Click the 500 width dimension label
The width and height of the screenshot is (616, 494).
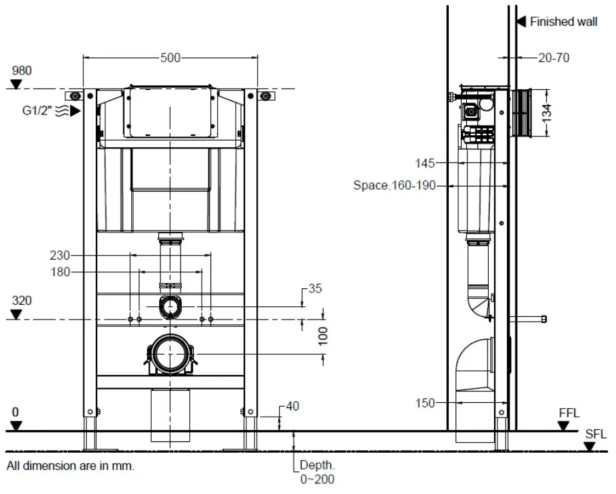point(170,58)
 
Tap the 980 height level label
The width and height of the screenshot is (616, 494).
point(21,71)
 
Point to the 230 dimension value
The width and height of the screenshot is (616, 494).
point(60,254)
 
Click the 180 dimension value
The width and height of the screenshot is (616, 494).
point(60,272)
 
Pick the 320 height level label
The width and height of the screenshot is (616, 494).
point(21,301)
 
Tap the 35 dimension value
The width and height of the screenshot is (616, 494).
point(315,289)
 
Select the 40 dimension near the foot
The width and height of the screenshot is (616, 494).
point(293,405)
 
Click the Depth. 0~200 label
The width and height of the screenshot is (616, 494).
point(317,472)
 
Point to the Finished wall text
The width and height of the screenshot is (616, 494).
point(563,22)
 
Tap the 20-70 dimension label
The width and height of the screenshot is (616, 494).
point(553,58)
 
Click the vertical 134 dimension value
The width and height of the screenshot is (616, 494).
point(547,112)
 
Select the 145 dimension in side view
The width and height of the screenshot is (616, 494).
point(424,163)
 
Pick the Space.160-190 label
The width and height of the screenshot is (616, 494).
point(394,186)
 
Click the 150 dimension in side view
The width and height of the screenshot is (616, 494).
point(424,403)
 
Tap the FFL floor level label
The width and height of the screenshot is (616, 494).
point(569,413)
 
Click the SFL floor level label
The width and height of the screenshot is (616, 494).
point(595,434)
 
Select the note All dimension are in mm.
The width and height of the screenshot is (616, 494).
point(71,466)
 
